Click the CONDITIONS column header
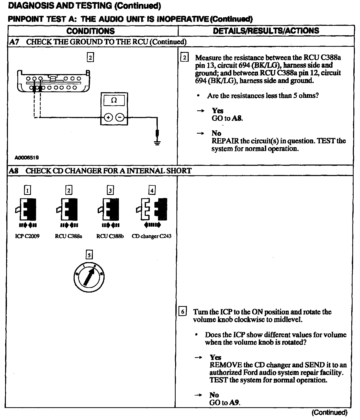pos(91,31)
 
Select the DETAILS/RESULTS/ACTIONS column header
pos(266,31)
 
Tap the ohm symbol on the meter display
pos(114,100)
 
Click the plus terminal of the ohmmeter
pos(108,118)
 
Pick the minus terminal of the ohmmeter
pos(120,118)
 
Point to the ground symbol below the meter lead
pos(157,142)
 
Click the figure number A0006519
pos(27,158)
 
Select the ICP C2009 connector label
pos(27,236)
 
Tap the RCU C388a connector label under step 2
pos(69,236)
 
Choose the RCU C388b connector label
pos(110,236)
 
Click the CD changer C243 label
pos(151,236)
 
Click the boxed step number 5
pos(89,255)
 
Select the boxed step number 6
pos(182,312)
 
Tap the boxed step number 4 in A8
pos(152,190)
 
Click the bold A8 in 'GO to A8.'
pos(237,118)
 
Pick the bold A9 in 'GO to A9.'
pos(234,403)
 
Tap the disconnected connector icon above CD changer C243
pos(152,209)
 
